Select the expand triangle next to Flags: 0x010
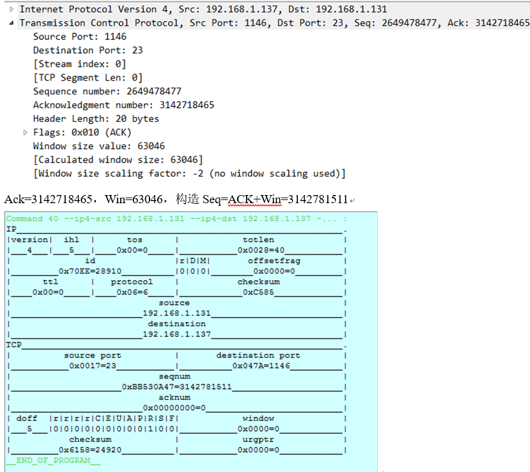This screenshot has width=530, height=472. [26, 133]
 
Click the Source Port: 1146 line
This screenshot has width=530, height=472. [79, 36]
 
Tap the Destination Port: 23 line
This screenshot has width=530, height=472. [88, 50]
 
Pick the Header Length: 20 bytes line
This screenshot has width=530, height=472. [96, 119]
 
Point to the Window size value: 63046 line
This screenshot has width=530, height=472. [99, 146]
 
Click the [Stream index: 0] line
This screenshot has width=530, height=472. [79, 64]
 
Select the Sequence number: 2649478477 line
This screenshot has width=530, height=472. [107, 91]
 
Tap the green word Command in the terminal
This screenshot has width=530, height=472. [24, 219]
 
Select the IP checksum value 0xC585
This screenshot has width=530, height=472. [258, 292]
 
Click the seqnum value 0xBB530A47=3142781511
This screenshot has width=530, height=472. [176, 387]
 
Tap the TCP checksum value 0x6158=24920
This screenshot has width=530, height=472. [90, 449]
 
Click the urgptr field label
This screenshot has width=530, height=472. [258, 439]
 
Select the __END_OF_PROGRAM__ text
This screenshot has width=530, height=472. [53, 461]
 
